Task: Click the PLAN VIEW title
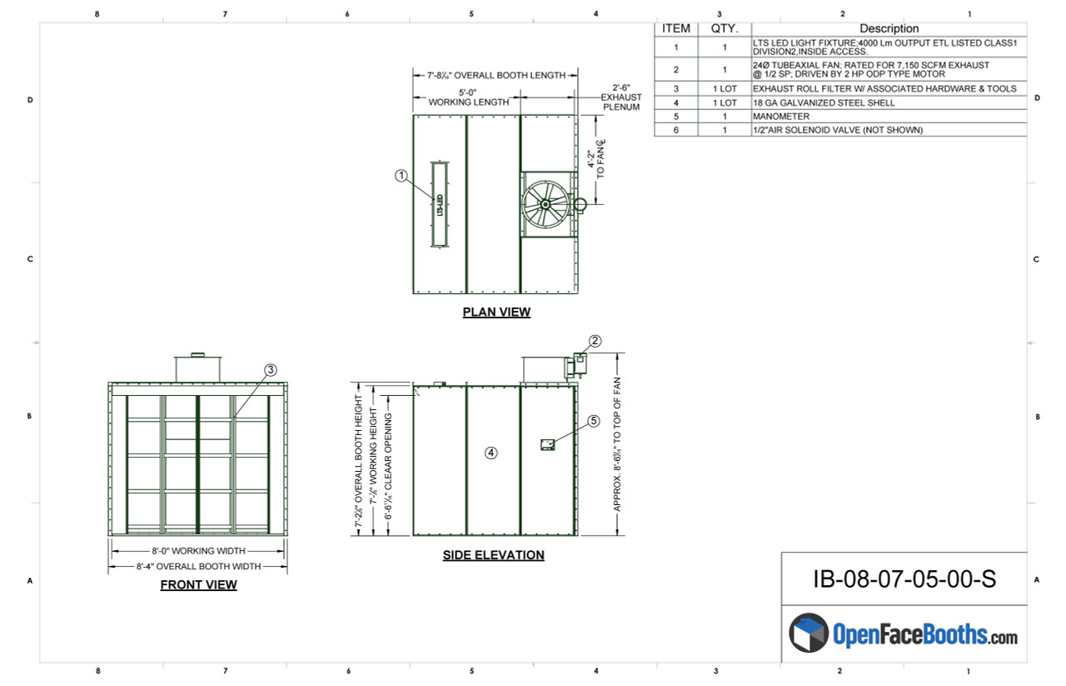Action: pyautogui.click(x=496, y=313)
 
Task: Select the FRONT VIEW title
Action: pyautogui.click(x=198, y=585)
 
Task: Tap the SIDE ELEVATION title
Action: pyautogui.click(x=493, y=555)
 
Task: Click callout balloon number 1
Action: pyautogui.click(x=401, y=175)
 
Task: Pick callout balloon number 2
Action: pyautogui.click(x=595, y=340)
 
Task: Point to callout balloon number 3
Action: pyautogui.click(x=270, y=369)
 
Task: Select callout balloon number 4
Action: pyautogui.click(x=491, y=453)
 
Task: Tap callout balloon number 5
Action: pyautogui.click(x=594, y=421)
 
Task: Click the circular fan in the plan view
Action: pyautogui.click(x=545, y=204)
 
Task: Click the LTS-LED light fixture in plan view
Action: pyautogui.click(x=440, y=204)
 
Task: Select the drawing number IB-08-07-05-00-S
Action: pyautogui.click(x=904, y=579)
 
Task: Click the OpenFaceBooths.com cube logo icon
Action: pyautogui.click(x=808, y=633)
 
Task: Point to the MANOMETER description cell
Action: pyautogui.click(x=781, y=117)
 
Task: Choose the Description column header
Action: pyautogui.click(x=889, y=28)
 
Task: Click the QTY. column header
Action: pyautogui.click(x=724, y=28)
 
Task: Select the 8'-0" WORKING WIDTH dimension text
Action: pyautogui.click(x=197, y=551)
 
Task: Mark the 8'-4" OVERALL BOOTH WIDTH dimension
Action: pyautogui.click(x=198, y=566)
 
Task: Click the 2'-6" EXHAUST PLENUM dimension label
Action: pyautogui.click(x=621, y=97)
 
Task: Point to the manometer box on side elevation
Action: pyautogui.click(x=548, y=444)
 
